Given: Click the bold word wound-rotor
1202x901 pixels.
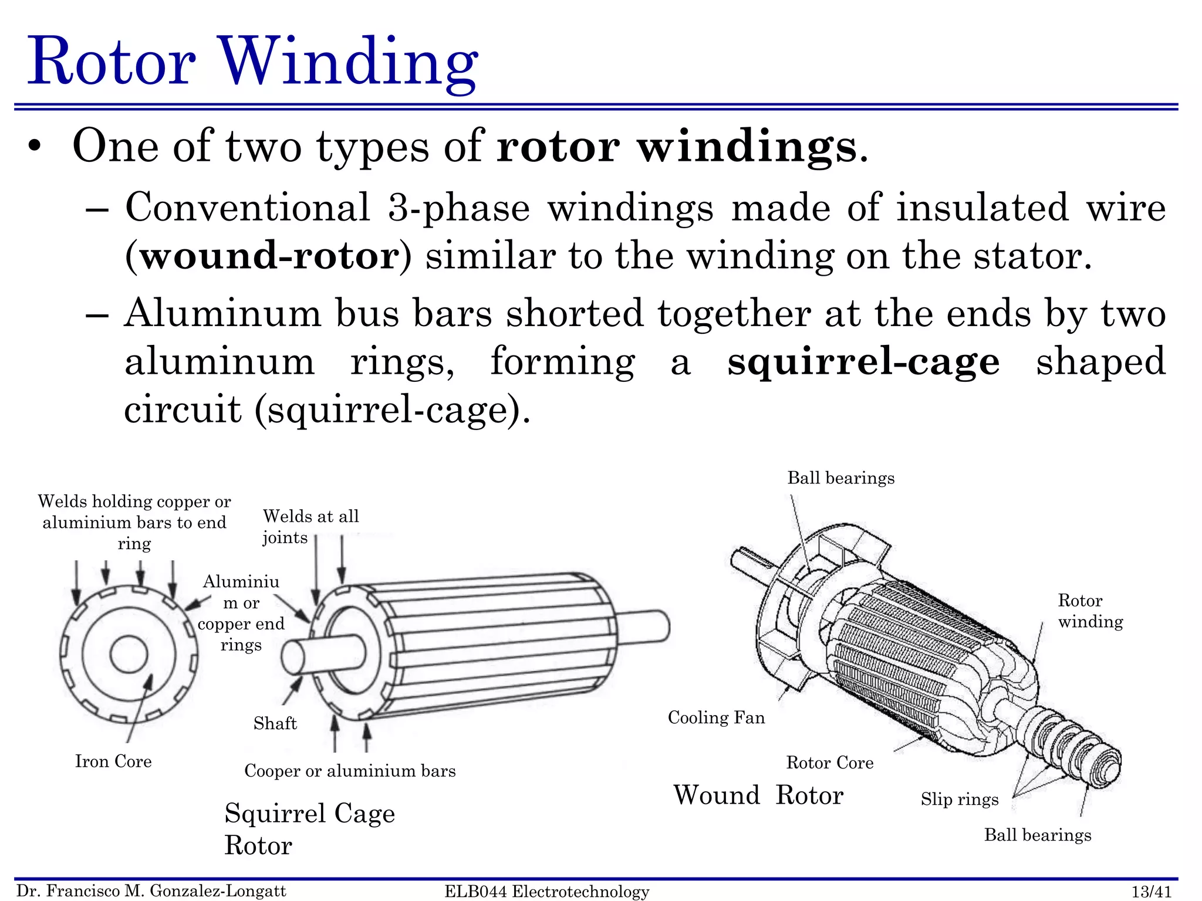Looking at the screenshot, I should [269, 256].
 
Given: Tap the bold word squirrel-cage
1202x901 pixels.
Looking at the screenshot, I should [863, 361].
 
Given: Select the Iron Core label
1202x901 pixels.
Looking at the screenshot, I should [113, 761].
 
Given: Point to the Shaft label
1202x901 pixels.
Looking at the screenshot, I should [275, 723].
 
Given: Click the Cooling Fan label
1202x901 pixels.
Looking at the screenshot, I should [716, 717].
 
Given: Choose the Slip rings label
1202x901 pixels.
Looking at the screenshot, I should [959, 799].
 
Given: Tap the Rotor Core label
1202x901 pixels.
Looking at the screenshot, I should [829, 763].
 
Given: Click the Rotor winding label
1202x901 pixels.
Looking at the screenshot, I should [1090, 611].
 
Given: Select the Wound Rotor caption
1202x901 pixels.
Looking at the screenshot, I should [758, 795].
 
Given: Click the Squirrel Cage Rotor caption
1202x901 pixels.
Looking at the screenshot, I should [309, 828].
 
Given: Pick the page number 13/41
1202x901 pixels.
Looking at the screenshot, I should [1151, 892].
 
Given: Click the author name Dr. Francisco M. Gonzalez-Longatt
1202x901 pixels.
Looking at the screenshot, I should [151, 891].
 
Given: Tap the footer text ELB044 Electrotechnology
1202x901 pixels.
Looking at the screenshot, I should [546, 892].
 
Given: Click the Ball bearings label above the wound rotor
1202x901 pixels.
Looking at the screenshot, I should [840, 478].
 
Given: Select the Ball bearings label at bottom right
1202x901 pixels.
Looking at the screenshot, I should [1037, 835].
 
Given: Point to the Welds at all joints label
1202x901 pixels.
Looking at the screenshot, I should [310, 526].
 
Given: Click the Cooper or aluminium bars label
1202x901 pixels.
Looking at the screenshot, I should [350, 771].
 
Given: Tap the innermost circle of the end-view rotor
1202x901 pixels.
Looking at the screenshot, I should [129, 653].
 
